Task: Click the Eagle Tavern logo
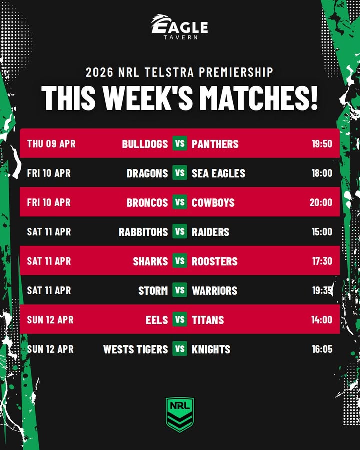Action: coord(179,27)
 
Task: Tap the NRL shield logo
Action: coord(180,414)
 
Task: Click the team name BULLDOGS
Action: coord(145,144)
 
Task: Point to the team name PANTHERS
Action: coord(215,144)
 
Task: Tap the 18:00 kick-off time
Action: coord(322,173)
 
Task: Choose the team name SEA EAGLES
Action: coord(219,173)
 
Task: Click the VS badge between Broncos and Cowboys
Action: coord(180,202)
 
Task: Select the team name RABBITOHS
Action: coord(143,232)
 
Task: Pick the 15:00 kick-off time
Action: coord(322,232)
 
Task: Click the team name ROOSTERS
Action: coord(215,261)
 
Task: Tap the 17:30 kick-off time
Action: coord(322,261)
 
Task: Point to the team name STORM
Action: coord(153,290)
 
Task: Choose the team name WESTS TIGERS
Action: coord(136,349)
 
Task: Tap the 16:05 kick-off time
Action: coord(322,349)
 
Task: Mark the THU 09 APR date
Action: coord(51,144)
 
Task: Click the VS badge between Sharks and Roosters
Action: coord(180,261)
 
